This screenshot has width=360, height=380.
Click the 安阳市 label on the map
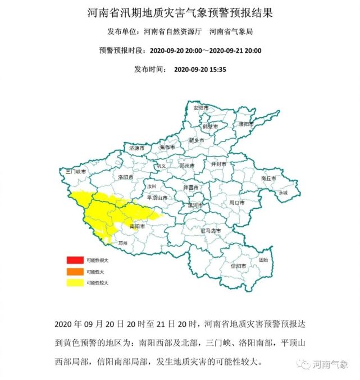200,107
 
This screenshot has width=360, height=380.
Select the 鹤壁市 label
210,126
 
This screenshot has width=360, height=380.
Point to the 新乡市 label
197,140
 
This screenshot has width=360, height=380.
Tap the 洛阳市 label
126,177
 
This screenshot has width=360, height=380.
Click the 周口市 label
237,202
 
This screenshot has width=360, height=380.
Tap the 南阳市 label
137,227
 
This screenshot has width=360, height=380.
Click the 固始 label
263,260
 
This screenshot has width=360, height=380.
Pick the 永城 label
283,193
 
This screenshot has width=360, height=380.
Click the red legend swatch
75,260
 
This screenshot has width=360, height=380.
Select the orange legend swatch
75,272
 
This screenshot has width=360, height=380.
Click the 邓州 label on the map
123,243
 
